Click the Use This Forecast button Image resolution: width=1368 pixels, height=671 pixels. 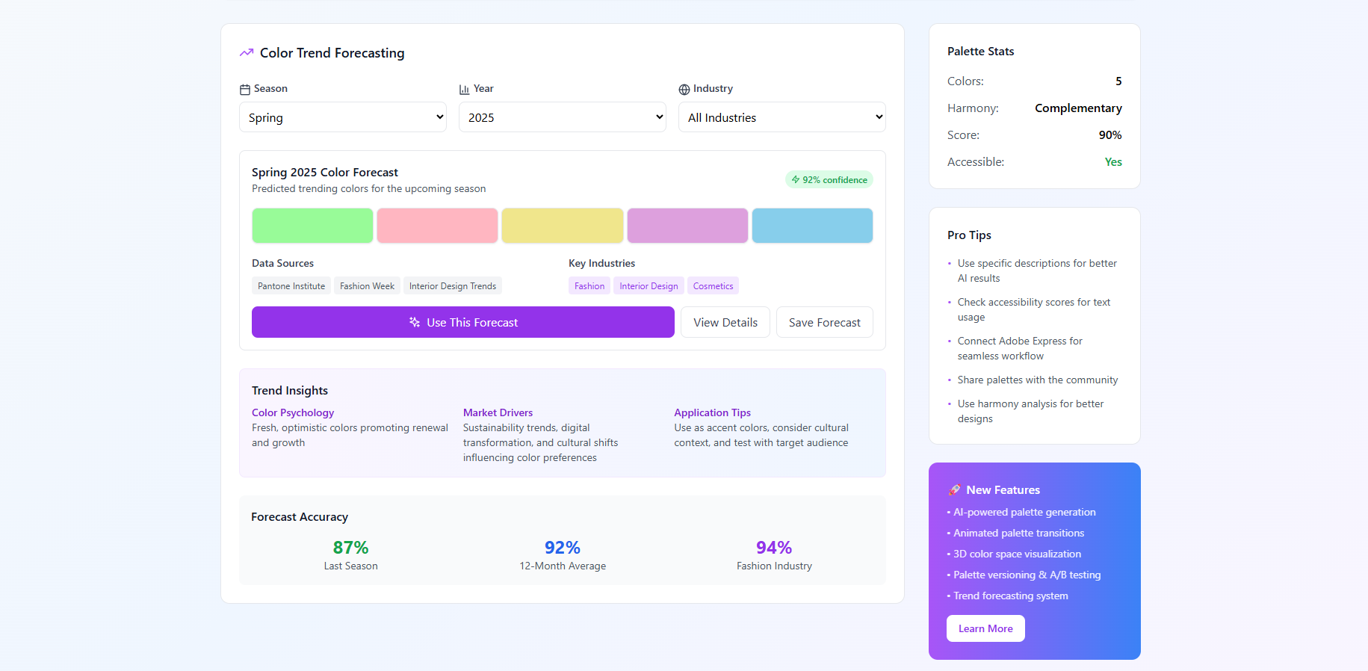(x=462, y=322)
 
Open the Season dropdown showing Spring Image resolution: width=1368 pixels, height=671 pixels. (x=342, y=117)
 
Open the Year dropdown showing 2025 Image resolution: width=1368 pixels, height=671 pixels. (x=562, y=117)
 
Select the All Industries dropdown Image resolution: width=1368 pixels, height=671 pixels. (x=782, y=117)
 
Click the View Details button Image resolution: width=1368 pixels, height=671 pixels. (x=725, y=322)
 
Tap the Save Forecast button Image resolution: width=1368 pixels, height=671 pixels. (x=824, y=322)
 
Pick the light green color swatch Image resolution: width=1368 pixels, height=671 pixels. (x=312, y=226)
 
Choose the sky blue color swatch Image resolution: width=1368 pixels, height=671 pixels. (x=812, y=226)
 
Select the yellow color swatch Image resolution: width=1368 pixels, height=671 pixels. (x=562, y=226)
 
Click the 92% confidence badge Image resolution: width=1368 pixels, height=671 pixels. (x=829, y=180)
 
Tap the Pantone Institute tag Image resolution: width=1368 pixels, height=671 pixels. (x=291, y=286)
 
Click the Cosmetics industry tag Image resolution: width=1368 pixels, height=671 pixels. (x=713, y=286)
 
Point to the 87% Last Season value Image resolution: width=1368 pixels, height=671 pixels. (x=350, y=548)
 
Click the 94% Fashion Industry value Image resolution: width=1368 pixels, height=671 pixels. (x=773, y=548)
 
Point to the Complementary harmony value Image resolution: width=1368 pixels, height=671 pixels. (x=1078, y=108)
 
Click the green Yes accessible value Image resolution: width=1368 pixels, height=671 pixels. (x=1113, y=162)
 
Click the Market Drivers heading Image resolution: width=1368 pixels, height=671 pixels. (x=498, y=412)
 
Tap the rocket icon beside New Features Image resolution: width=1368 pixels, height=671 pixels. (x=954, y=490)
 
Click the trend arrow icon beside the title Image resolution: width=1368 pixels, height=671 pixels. (x=247, y=53)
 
